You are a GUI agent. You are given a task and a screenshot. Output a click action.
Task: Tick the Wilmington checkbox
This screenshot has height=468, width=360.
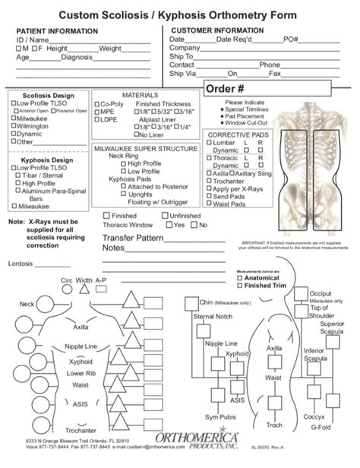pos(13,125)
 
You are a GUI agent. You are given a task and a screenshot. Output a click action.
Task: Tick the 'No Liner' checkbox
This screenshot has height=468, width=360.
pos(137,134)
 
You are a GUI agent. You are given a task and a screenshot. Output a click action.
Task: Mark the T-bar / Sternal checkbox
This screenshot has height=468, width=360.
pos(19,175)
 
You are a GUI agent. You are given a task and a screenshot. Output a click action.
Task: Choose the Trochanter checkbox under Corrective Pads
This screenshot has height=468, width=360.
pos(207,180)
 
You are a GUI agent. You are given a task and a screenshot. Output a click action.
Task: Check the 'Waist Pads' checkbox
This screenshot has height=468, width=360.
pos(207,204)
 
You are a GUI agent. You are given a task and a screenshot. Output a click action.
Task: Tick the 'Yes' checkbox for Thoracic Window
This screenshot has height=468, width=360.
pos(169,225)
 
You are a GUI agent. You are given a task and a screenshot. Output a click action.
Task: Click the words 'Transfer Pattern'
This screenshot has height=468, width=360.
pos(134,238)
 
